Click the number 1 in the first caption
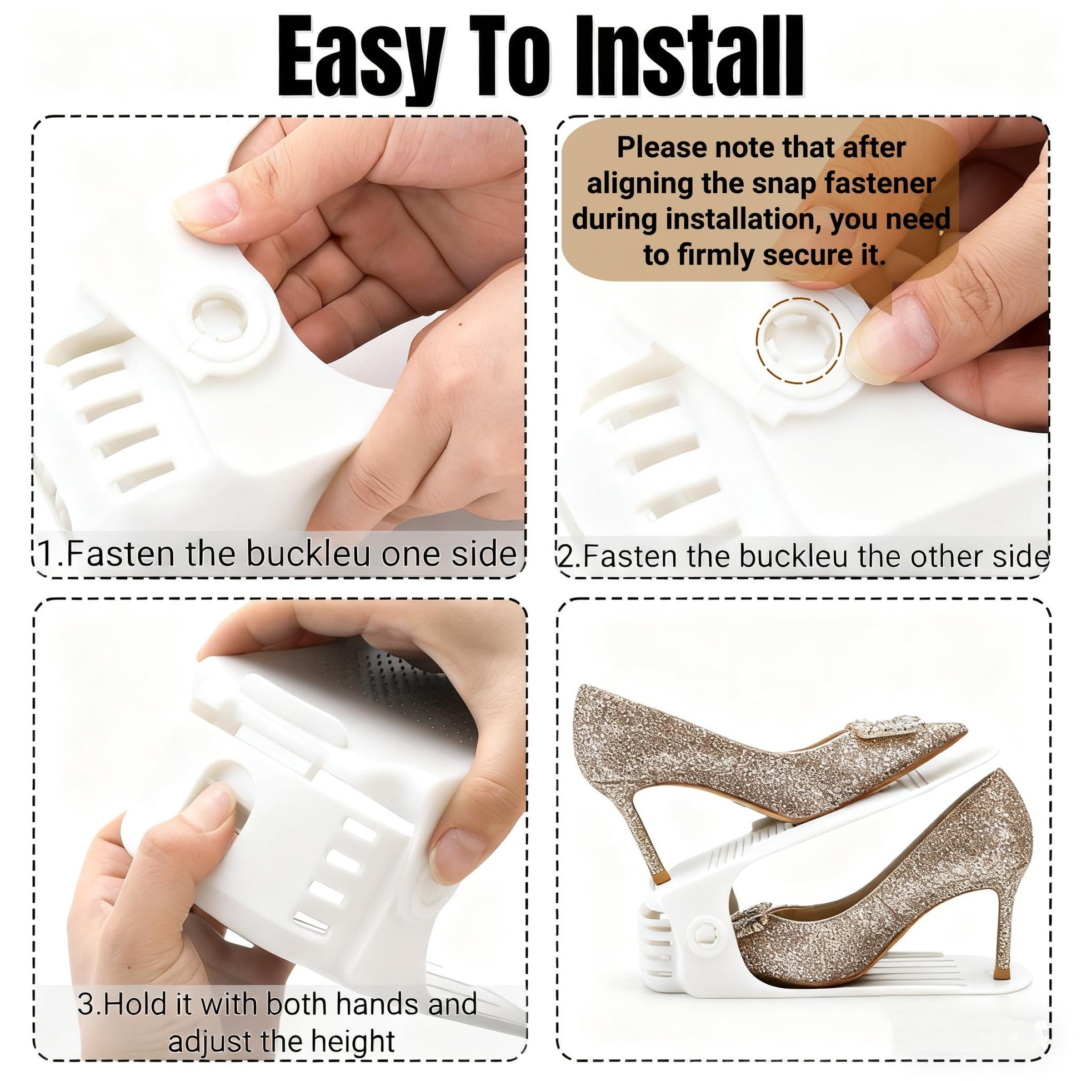(47, 554)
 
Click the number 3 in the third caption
(87, 1004)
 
